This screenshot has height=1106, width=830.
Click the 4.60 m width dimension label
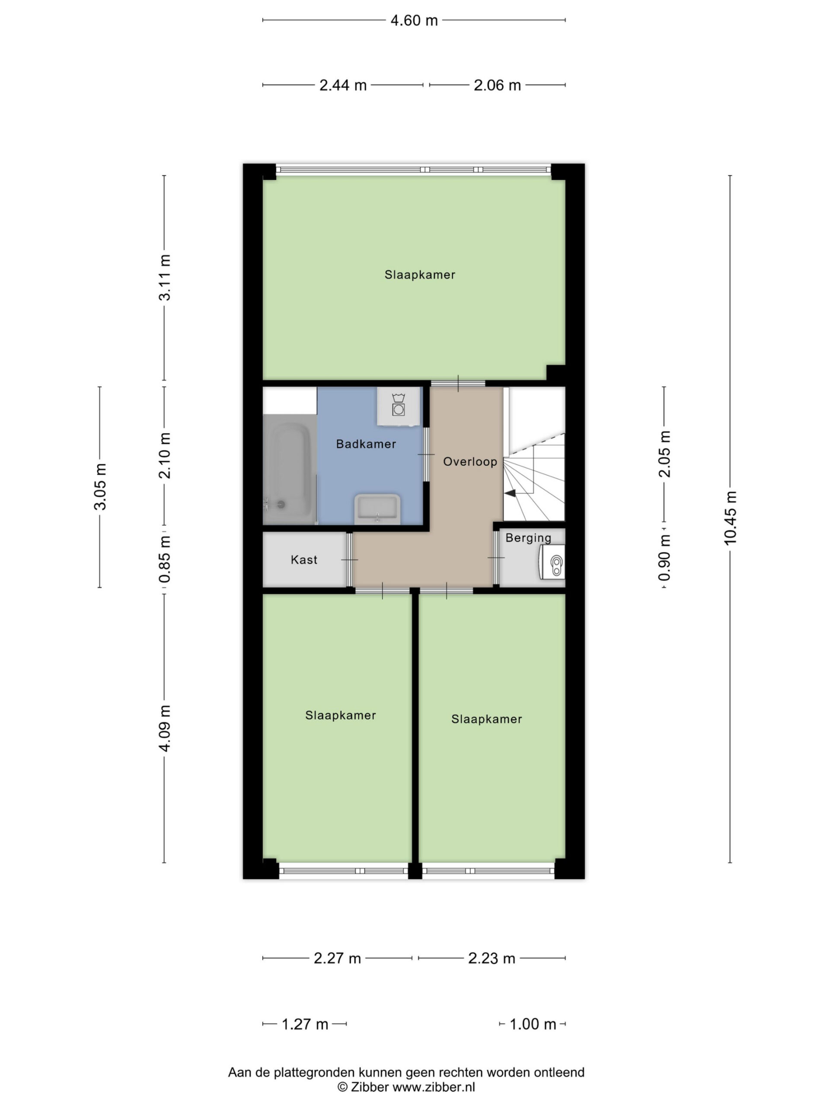pos(414,20)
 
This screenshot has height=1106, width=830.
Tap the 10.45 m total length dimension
pos(730,518)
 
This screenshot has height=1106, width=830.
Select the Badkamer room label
pos(366,444)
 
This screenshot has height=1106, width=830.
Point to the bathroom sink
pos(377,509)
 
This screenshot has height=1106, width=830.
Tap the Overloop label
pos(470,461)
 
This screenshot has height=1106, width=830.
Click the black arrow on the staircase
pos(510,493)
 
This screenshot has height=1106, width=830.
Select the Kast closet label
pos(303,559)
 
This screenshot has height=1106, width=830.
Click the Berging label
pos(528,538)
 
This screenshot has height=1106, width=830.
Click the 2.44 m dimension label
pos(343,86)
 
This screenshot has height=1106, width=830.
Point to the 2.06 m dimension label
pos(497,86)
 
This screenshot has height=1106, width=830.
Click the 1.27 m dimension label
pos(305,1024)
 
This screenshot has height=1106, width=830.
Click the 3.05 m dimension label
pos(100,486)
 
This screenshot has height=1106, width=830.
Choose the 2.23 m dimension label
pos(491,958)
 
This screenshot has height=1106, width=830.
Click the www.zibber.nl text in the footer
pos(433,1087)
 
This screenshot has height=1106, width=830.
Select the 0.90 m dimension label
pos(664,557)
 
